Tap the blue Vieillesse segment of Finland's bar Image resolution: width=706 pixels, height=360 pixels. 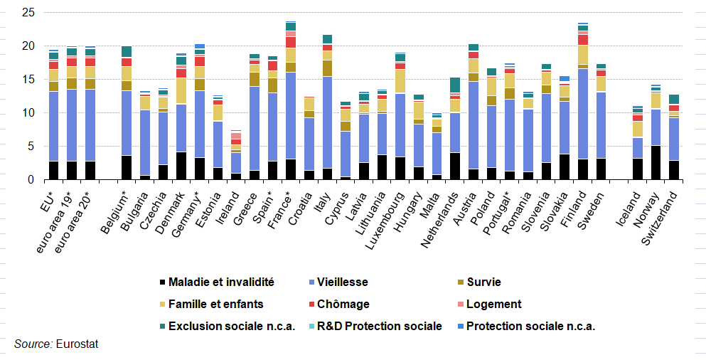583,114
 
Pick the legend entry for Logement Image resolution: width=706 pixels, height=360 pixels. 494,305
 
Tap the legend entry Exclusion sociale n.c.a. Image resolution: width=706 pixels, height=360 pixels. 230,327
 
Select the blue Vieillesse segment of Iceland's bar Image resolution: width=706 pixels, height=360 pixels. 638,147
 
